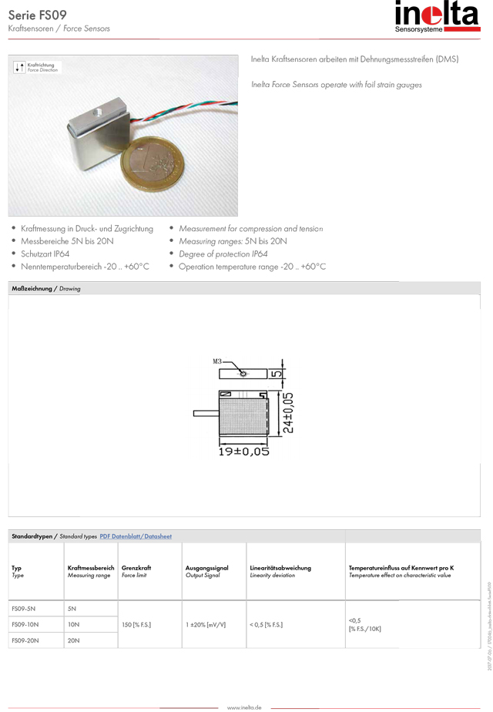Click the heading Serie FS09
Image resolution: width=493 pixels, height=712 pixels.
coord(38,14)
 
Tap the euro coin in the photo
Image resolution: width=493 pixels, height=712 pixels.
coord(154,162)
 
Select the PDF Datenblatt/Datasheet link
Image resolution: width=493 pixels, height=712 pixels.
coord(136,536)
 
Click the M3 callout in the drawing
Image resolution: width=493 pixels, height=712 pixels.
coord(217,361)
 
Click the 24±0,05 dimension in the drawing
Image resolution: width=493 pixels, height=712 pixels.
coord(287,412)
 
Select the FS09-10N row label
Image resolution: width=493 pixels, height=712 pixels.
coord(25,624)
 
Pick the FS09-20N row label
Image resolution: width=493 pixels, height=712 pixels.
coord(25,640)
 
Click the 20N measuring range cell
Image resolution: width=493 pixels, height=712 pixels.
coord(74,640)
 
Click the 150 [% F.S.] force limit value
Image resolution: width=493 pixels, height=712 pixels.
coord(136,624)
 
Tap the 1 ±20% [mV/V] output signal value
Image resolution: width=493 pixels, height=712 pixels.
coord(206,624)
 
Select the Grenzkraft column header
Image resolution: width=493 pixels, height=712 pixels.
coord(136,568)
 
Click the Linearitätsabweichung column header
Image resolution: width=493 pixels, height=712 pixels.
coord(280,568)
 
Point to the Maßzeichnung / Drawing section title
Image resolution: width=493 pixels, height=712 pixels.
coord(46,288)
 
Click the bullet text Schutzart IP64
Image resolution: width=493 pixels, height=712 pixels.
coord(45,254)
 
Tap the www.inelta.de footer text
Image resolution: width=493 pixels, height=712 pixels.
coord(244,707)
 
